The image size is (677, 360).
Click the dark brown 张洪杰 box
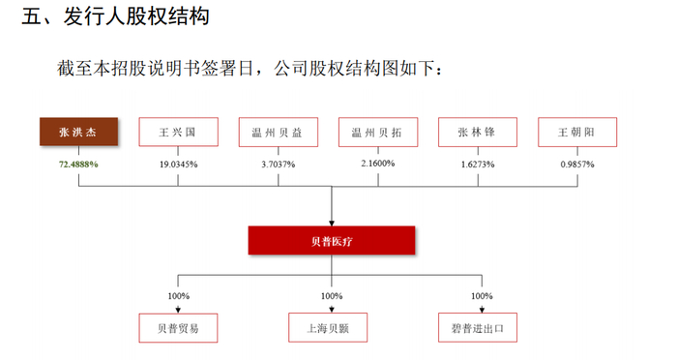pyautogui.click(x=78, y=133)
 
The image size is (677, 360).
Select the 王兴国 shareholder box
pyautogui.click(x=178, y=133)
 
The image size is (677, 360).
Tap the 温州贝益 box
pyautogui.click(x=278, y=133)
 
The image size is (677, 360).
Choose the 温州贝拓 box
pyautogui.click(x=377, y=133)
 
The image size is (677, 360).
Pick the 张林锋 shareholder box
pyautogui.click(x=478, y=133)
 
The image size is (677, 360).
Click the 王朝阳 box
pyautogui.click(x=577, y=133)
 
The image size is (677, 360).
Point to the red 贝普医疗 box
pyautogui.click(x=332, y=240)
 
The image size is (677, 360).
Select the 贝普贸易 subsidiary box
pyautogui.click(x=178, y=328)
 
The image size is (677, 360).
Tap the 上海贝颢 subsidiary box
pyautogui.click(x=331, y=328)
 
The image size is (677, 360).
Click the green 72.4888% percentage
pyautogui.click(x=78, y=165)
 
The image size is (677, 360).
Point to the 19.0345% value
pyautogui.click(x=178, y=165)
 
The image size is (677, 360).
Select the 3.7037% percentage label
pyautogui.click(x=278, y=165)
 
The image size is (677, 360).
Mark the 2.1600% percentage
pyautogui.click(x=377, y=164)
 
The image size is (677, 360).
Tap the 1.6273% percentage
pyautogui.click(x=478, y=165)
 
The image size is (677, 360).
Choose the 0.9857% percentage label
pyautogui.click(x=577, y=165)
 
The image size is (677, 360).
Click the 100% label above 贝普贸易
pyautogui.click(x=178, y=296)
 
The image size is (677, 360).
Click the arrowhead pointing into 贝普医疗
pyautogui.click(x=332, y=222)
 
